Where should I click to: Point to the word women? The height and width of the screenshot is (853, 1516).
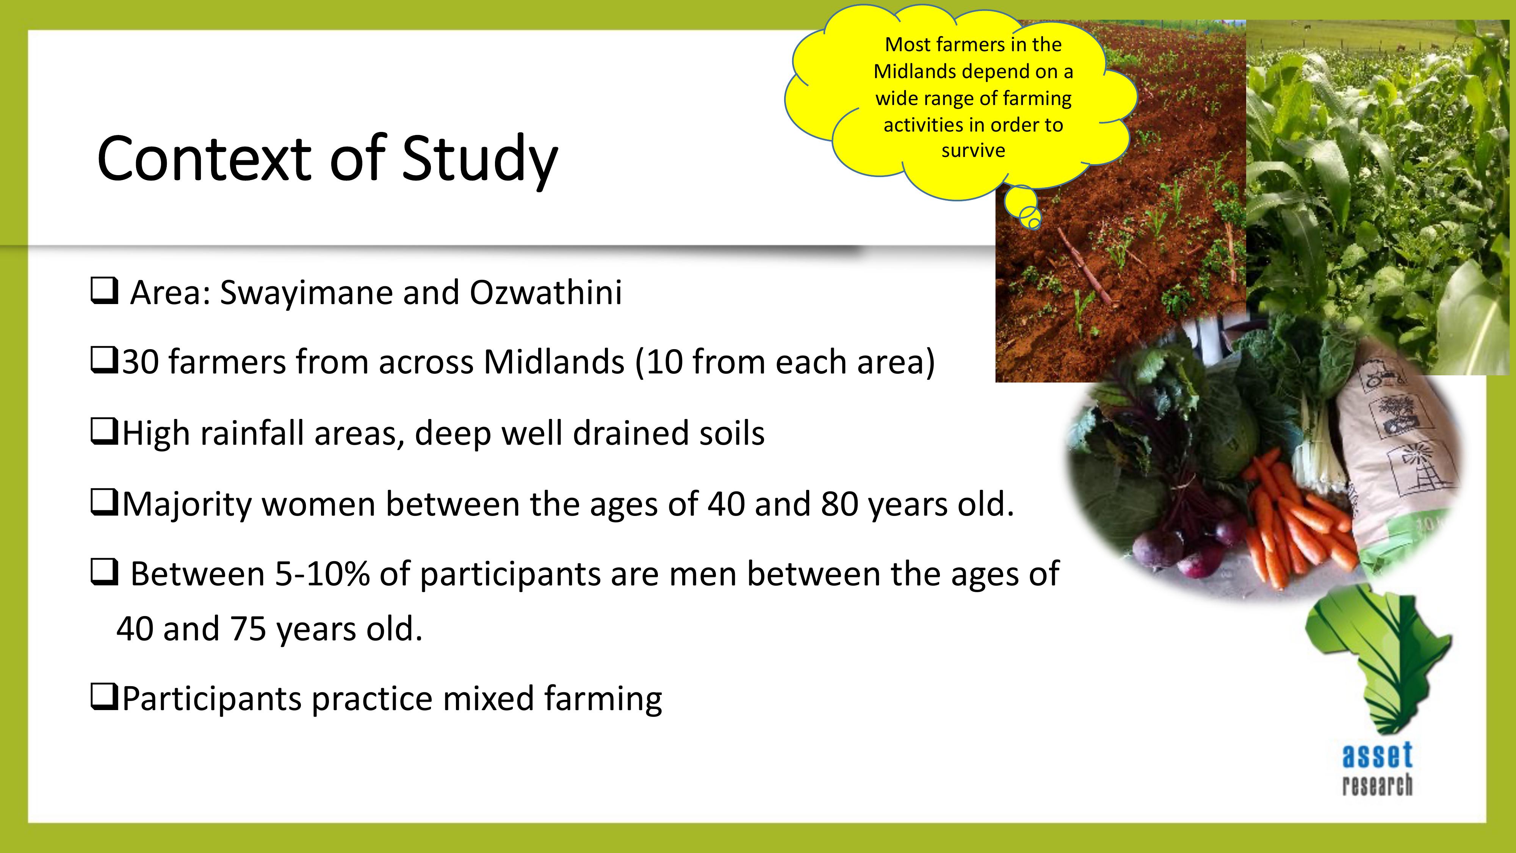[318, 505]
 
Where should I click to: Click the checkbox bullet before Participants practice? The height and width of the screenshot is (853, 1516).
[105, 697]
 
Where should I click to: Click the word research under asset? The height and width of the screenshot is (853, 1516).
[1377, 785]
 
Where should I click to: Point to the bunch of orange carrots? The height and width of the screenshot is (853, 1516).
[1295, 518]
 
